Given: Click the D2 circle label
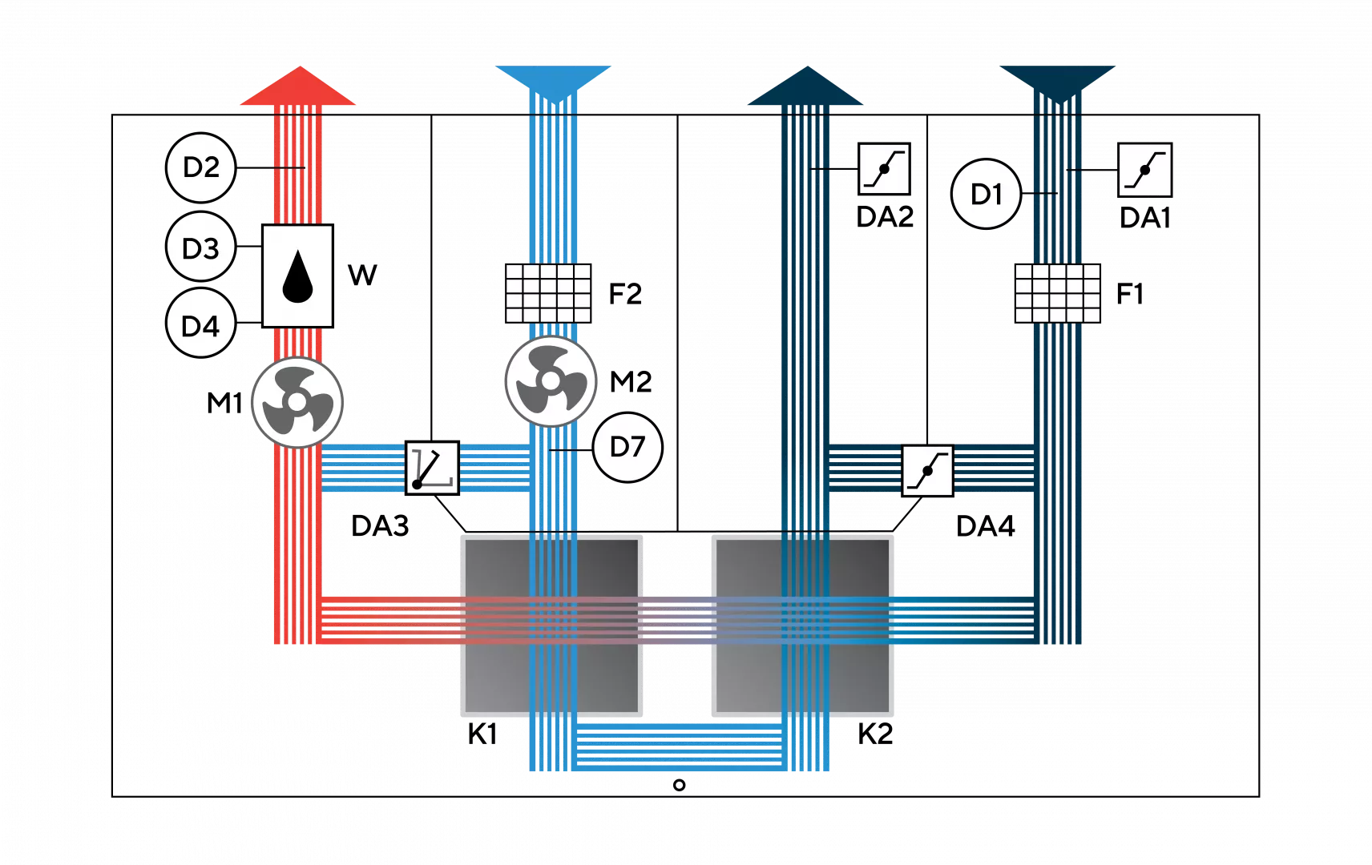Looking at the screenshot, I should click(x=200, y=167).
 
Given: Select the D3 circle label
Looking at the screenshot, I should click(x=200, y=247).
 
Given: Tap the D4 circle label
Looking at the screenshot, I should click(x=200, y=325).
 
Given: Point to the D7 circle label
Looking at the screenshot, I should click(x=627, y=447).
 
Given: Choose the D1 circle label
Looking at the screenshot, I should click(x=986, y=194).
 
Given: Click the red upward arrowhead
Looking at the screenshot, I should click(x=298, y=88).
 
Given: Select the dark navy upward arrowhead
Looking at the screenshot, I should click(x=806, y=88).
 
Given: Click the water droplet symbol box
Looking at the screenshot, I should click(x=297, y=276).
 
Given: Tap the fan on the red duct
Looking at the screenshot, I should click(x=297, y=402).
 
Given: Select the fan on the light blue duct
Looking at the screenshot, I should click(x=551, y=381).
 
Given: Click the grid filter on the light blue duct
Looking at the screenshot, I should click(x=549, y=293).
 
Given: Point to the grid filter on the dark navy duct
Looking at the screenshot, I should click(x=1058, y=293).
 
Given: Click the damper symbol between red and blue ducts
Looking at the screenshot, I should click(x=432, y=468).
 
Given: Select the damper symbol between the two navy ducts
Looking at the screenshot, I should click(x=928, y=471).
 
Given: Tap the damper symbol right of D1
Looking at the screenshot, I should click(x=1144, y=170).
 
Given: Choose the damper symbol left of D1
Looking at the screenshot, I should click(x=884, y=169).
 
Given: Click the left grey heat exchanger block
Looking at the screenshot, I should click(x=551, y=625).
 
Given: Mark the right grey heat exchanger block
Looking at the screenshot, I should click(x=803, y=625).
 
